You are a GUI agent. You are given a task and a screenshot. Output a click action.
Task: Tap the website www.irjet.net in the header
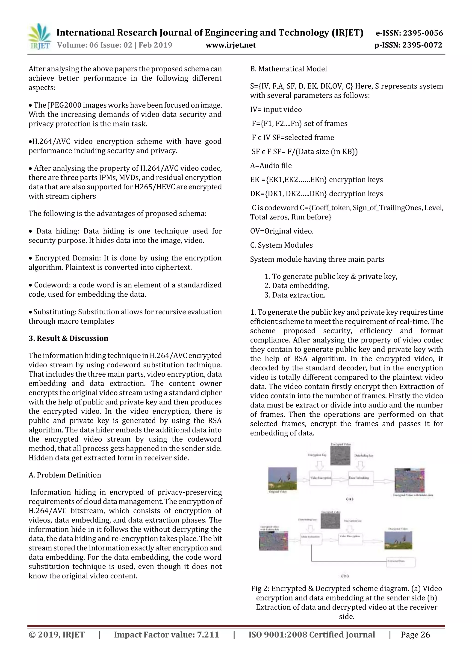[231, 45]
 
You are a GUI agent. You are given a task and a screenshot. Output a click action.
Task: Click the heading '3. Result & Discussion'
[68, 338]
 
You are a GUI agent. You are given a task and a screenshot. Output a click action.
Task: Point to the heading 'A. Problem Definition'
[65, 475]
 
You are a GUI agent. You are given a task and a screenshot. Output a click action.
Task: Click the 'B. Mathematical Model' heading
[288, 69]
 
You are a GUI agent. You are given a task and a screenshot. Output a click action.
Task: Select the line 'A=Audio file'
[271, 166]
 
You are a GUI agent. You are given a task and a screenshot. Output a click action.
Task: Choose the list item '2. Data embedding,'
[296, 286]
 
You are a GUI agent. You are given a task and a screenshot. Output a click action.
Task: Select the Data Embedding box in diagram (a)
[361, 478]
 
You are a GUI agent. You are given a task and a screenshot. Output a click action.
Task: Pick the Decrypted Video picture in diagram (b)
[398, 540]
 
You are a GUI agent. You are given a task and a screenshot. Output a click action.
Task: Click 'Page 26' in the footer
[415, 635]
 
